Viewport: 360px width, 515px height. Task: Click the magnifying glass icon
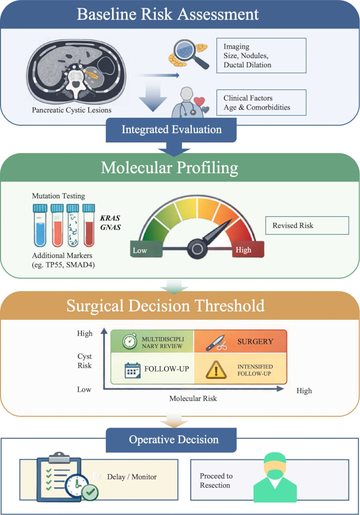[191, 53]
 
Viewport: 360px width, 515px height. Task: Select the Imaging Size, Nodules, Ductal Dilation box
[261, 56]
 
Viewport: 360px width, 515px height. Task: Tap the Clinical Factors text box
[261, 102]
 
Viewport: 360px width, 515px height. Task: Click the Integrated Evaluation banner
[171, 130]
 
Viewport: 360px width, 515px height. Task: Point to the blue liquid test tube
[40, 225]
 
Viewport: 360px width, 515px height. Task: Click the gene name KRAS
[110, 218]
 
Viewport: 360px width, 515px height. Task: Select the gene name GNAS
[111, 227]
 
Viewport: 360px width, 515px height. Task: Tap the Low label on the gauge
[140, 251]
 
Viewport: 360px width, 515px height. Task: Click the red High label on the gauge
[243, 250]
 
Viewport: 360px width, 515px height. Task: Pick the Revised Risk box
[307, 225]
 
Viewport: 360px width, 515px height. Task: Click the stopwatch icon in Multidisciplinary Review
[130, 341]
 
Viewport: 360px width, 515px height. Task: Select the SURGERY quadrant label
[255, 342]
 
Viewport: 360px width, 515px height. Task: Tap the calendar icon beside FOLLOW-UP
[133, 371]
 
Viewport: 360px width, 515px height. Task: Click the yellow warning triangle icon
[216, 370]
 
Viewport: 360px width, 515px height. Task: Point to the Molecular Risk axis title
[193, 398]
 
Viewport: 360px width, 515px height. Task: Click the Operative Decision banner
[171, 440]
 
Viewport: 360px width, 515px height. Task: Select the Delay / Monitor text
[132, 477]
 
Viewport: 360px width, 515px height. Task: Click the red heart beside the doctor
[199, 102]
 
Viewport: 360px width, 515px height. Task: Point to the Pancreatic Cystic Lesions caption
[71, 110]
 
